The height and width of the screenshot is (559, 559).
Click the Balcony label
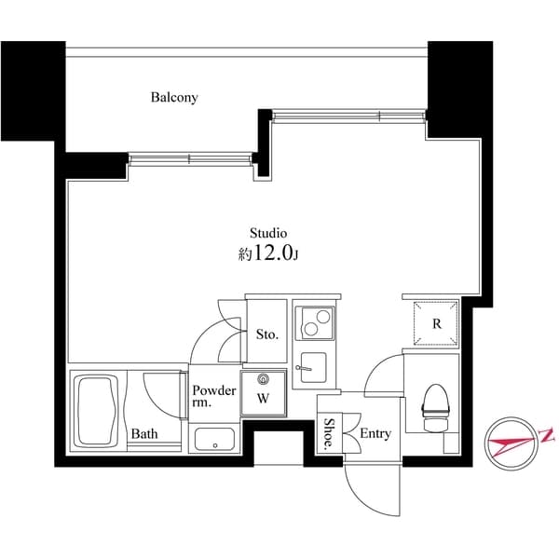[175, 97]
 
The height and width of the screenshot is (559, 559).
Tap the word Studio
[267, 232]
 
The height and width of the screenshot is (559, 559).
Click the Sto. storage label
[266, 333]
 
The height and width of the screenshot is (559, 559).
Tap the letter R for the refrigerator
[436, 324]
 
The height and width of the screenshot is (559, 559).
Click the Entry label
[375, 434]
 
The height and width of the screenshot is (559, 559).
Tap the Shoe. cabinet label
[329, 434]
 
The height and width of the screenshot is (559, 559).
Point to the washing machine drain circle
[263, 379]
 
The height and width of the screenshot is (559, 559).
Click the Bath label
[143, 434]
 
